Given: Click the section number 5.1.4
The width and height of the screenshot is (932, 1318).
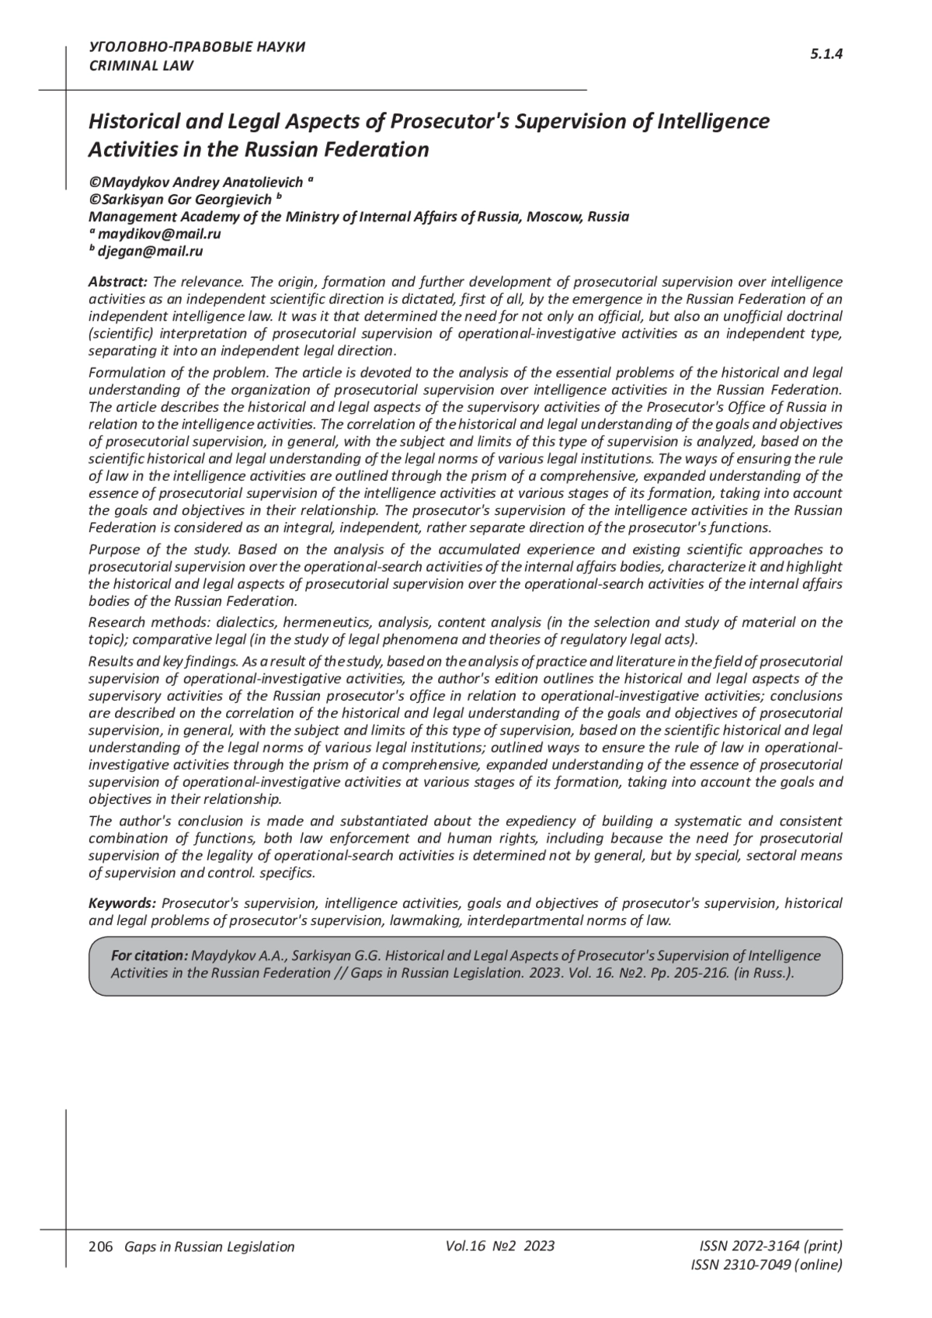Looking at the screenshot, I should click(826, 54).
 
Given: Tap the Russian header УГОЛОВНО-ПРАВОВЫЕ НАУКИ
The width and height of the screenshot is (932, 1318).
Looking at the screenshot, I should click(197, 47).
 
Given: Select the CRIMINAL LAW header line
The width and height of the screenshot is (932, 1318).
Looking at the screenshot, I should click(141, 66).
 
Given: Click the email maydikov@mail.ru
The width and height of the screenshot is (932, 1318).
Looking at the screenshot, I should click(159, 235).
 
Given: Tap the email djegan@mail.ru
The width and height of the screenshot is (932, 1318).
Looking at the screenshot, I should click(150, 252).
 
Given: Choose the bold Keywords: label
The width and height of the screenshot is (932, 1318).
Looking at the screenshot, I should click(123, 903).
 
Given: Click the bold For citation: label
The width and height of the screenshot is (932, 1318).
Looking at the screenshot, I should click(149, 955).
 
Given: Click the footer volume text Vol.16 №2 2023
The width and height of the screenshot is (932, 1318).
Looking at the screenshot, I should click(500, 1246).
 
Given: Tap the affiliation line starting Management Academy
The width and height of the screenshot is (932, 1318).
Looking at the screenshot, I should click(358, 217).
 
